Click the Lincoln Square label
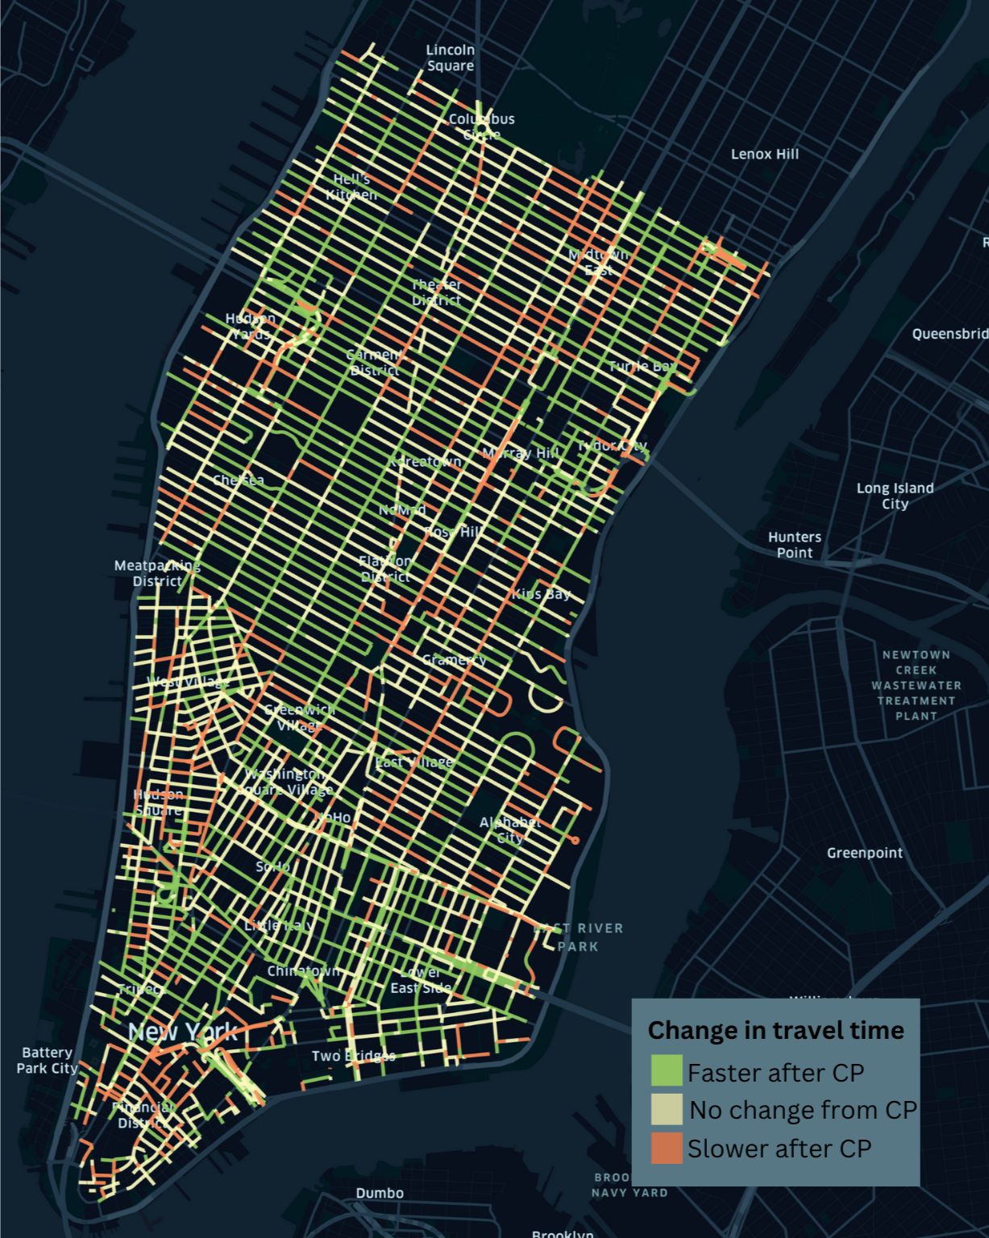(x=450, y=58)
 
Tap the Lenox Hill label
(x=764, y=154)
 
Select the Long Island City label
(x=895, y=496)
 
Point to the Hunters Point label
(x=794, y=545)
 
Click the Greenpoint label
(x=864, y=853)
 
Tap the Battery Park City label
(x=47, y=1060)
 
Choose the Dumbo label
(x=380, y=1193)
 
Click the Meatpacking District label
(x=157, y=573)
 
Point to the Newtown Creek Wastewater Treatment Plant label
(x=916, y=685)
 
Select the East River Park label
(x=579, y=937)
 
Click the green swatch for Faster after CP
(x=667, y=1071)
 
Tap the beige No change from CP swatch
(x=667, y=1109)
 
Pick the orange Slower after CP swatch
(x=667, y=1148)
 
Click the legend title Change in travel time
(x=775, y=1030)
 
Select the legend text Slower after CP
(x=779, y=1149)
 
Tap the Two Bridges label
(x=353, y=1056)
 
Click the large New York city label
(x=182, y=1032)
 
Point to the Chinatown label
(x=303, y=971)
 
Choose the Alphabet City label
(x=510, y=829)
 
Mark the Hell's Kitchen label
(x=351, y=187)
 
